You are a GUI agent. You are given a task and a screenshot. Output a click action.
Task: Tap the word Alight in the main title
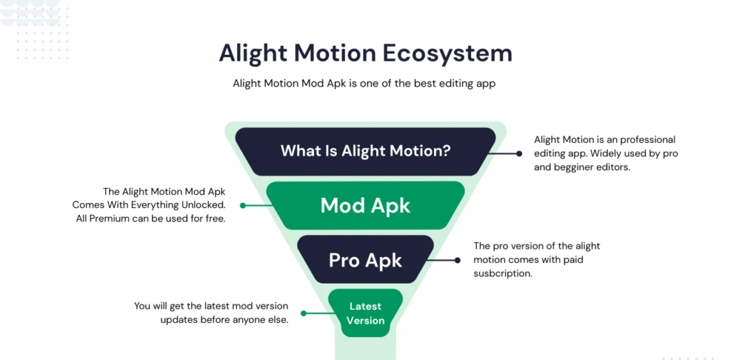(x=253, y=54)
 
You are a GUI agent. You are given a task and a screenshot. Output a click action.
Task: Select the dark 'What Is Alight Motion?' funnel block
(x=365, y=151)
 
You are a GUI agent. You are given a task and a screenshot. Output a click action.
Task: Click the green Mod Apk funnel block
(x=365, y=206)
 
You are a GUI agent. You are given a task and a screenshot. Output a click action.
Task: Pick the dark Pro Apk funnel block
(x=365, y=260)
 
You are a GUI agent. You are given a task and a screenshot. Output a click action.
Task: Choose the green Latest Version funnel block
(x=365, y=313)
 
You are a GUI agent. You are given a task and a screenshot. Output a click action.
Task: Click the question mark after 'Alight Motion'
(x=447, y=151)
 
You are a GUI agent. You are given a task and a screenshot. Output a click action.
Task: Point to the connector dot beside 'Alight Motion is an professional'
(x=520, y=153)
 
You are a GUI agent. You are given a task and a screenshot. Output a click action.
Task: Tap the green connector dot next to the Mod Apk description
(x=243, y=205)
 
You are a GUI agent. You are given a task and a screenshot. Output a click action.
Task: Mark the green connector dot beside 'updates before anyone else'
(x=303, y=313)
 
